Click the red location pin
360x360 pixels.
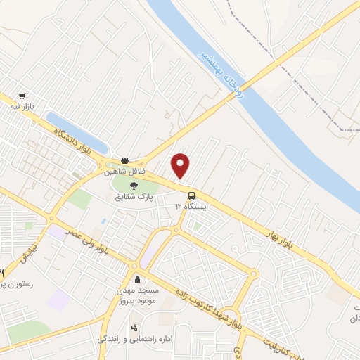(181, 165)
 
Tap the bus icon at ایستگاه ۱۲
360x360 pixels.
(191, 195)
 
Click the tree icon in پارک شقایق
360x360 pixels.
(134, 186)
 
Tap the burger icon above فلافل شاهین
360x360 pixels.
(124, 160)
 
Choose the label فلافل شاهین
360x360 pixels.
(124, 170)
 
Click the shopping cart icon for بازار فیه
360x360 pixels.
(23, 96)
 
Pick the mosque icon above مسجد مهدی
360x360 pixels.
(136, 279)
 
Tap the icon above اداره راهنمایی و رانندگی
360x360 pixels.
(134, 327)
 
